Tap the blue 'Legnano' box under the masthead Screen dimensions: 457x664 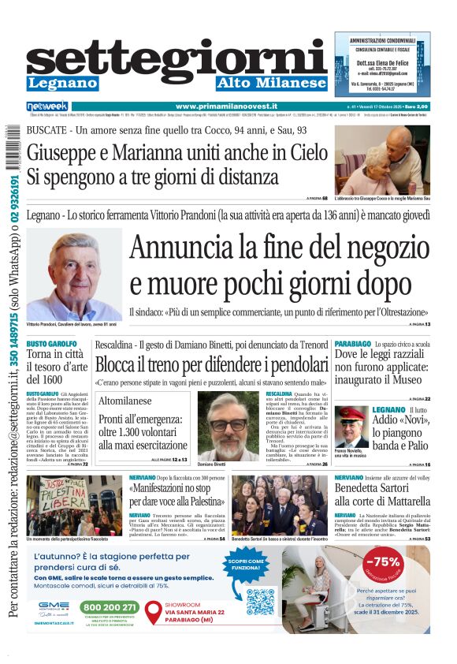62,83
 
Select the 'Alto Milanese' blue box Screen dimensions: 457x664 271,83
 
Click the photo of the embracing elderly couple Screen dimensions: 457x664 382,160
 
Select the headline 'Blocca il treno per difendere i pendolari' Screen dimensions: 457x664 211,365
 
